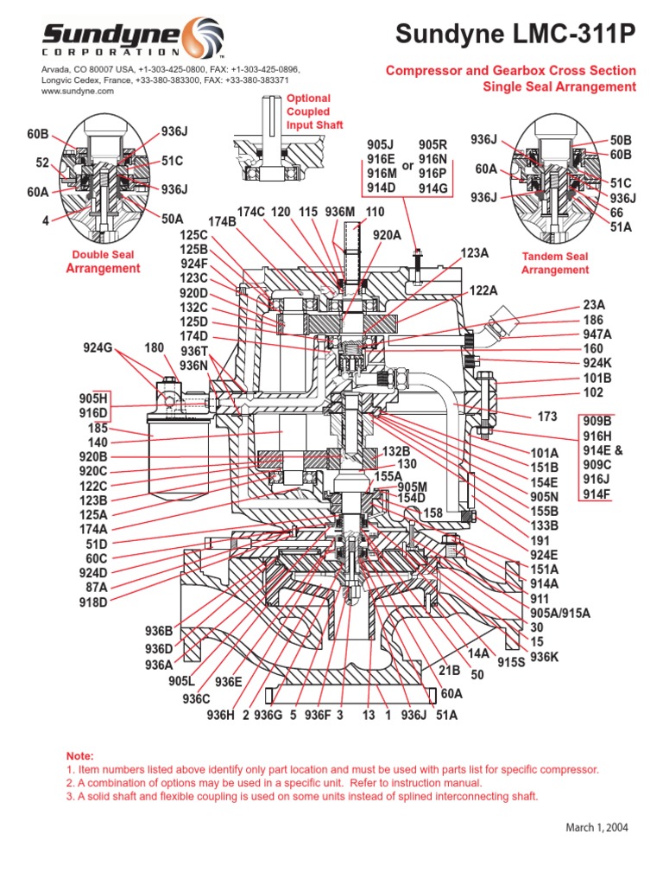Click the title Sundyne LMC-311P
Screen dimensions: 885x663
(x=515, y=34)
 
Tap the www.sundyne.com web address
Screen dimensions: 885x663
(x=78, y=91)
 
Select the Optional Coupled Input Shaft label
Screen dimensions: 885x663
(x=308, y=112)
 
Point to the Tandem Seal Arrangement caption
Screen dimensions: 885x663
(x=555, y=264)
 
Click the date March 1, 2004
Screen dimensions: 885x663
(x=597, y=827)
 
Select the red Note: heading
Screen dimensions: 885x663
(x=79, y=755)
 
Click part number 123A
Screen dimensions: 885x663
(x=475, y=253)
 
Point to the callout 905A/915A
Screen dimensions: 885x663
(x=559, y=613)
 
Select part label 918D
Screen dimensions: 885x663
(x=93, y=602)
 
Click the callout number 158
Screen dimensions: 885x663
(x=433, y=513)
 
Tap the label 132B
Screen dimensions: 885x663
(x=396, y=451)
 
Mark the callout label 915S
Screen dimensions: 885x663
(x=511, y=662)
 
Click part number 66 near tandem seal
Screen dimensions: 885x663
(x=616, y=212)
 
